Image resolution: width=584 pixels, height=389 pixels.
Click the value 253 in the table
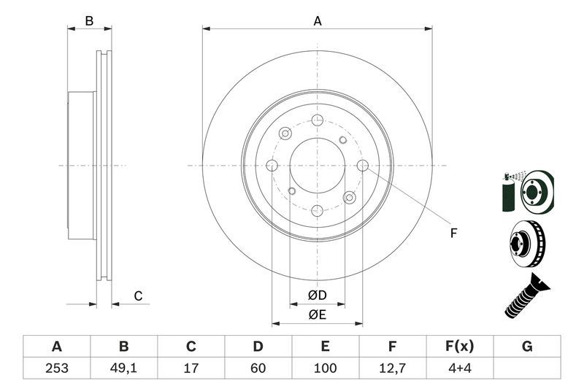tap(56, 368)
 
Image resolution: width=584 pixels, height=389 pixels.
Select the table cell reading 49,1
tap(123, 368)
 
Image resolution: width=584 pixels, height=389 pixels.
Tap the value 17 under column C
tap(191, 368)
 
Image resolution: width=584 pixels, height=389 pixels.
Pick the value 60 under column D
tap(258, 368)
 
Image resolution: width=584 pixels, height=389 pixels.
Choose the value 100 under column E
tap(325, 368)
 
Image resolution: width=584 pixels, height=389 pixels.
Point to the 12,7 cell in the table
tap(392, 368)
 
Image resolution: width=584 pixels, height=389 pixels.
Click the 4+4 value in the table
tap(459, 368)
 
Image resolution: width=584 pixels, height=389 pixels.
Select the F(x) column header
tap(459, 346)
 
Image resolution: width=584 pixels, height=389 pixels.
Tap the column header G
tap(527, 346)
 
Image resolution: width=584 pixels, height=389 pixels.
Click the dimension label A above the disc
tap(318, 21)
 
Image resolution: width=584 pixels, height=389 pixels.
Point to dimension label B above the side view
tap(89, 21)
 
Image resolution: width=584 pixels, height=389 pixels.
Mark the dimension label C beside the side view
tap(137, 296)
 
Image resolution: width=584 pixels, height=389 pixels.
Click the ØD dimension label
tap(317, 295)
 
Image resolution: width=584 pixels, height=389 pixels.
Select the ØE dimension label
tap(317, 315)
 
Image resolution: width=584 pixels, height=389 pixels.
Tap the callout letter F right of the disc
tap(453, 234)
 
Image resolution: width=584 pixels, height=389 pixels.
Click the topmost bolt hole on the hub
tap(317, 120)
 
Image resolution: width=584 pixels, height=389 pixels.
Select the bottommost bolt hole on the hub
tap(317, 210)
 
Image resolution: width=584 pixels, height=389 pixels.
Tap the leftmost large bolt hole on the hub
tap(272, 166)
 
